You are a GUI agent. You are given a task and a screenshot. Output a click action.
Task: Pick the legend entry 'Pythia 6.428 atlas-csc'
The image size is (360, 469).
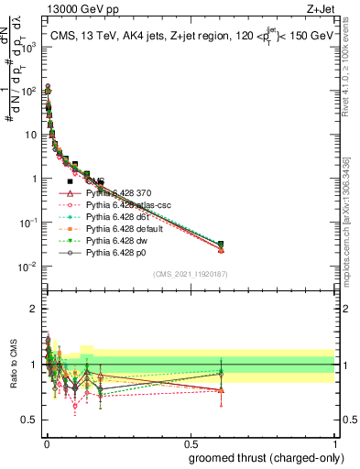[x=126, y=207]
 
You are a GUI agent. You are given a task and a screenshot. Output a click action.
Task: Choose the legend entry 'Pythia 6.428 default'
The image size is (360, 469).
[x=123, y=233]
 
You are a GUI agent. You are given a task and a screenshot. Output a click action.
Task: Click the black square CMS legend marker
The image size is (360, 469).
[x=70, y=181]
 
